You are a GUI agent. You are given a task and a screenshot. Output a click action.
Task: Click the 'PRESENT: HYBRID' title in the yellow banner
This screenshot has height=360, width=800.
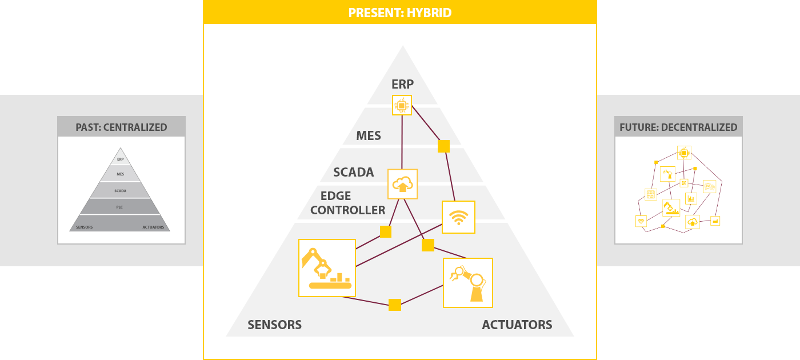pyautogui.click(x=399, y=13)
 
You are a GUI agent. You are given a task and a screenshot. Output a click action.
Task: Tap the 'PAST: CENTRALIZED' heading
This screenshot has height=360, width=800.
pyautogui.click(x=121, y=127)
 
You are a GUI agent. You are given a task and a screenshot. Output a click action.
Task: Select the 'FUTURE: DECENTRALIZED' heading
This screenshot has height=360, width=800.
pyautogui.click(x=678, y=127)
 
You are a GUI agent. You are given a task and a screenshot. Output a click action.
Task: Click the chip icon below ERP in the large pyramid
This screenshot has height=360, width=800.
pyautogui.click(x=402, y=105)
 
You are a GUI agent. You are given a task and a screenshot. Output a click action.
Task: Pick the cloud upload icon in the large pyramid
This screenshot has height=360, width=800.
pyautogui.click(x=402, y=184)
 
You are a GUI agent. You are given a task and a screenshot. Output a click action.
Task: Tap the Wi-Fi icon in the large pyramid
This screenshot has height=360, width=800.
pyautogui.click(x=458, y=217)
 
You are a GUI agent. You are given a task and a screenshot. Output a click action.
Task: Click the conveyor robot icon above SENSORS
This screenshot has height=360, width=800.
pyautogui.click(x=327, y=268)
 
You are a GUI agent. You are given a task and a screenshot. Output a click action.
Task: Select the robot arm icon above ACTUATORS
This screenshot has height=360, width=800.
pyautogui.click(x=468, y=283)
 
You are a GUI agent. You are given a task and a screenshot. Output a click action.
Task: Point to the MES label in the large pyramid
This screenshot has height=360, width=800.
pyautogui.click(x=369, y=136)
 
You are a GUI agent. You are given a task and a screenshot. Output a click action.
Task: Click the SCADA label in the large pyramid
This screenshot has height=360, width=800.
pyautogui.click(x=354, y=172)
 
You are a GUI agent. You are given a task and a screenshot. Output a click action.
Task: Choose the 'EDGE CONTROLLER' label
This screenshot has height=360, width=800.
pyautogui.click(x=348, y=203)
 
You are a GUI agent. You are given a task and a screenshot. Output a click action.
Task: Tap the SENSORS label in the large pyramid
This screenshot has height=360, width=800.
pyautogui.click(x=275, y=325)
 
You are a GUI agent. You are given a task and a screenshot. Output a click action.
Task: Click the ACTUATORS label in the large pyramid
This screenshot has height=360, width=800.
pyautogui.click(x=517, y=325)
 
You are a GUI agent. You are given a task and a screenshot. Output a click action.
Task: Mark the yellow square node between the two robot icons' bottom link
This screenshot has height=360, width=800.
pyautogui.click(x=395, y=305)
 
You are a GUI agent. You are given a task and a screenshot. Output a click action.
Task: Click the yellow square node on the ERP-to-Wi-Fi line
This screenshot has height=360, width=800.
pyautogui.click(x=443, y=146)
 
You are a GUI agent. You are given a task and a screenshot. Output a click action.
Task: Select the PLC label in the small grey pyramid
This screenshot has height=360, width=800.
pyautogui.click(x=119, y=207)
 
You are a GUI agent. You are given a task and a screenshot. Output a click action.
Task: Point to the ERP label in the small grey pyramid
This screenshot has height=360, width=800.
pyautogui.click(x=121, y=159)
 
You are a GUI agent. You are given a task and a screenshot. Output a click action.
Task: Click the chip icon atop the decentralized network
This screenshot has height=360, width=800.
pyautogui.click(x=685, y=153)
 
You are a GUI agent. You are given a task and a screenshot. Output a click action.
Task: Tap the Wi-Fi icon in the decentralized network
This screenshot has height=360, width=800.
pyautogui.click(x=641, y=221)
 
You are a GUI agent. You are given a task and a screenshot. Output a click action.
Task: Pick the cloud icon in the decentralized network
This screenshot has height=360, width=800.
pyautogui.click(x=693, y=222)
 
